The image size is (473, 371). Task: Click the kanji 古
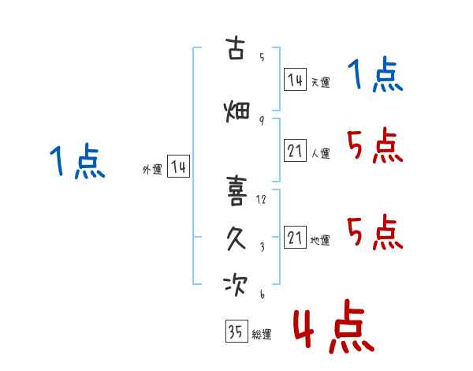235,48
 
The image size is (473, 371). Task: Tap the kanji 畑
236,111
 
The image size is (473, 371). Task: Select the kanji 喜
236,191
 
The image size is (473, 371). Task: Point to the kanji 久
236,238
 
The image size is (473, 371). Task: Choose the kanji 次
236,285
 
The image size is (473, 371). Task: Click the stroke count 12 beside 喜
261,199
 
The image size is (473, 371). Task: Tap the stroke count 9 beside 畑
262,121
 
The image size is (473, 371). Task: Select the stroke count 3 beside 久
263,247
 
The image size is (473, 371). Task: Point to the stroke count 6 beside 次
263,294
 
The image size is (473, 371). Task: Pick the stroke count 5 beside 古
262,57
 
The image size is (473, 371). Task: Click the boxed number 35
236,331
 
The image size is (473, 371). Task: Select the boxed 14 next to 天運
295,80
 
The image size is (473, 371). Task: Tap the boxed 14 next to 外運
179,167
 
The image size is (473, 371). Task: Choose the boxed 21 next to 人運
295,150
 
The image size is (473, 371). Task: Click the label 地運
320,240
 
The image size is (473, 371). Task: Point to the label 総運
262,334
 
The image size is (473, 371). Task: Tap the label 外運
152,169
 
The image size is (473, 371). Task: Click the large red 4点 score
334,327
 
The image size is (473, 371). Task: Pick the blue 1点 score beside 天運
375,74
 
